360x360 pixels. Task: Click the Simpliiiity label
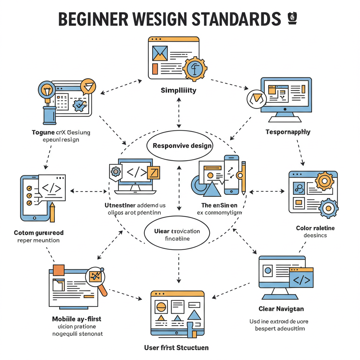coord(179,90)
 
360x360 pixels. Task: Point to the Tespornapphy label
coord(288,132)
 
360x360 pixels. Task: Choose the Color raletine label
coord(315,228)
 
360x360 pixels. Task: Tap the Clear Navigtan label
coord(281,309)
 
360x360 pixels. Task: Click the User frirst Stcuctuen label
coord(176,348)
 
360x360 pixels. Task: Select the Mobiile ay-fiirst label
coord(76,319)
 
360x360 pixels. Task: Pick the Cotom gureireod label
coord(39,233)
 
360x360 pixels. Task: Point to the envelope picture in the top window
coord(160,53)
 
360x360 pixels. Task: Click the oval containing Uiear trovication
coord(177,234)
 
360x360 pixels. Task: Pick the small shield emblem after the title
coord(291,18)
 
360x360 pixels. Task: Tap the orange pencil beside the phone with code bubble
coord(52,212)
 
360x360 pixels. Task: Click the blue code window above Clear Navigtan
coord(301,278)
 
